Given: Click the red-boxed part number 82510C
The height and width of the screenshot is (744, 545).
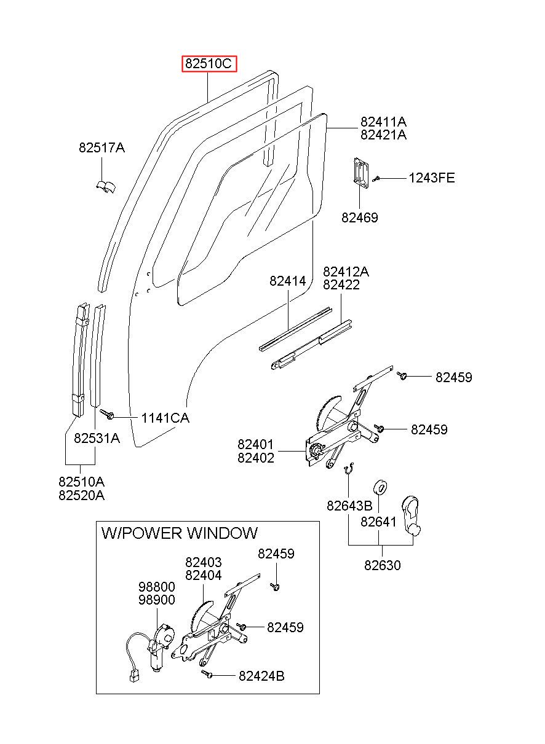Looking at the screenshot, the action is (x=208, y=63).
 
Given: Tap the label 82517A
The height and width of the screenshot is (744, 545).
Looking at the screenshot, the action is (x=101, y=147).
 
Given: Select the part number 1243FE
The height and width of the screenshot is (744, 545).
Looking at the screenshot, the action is (x=431, y=178).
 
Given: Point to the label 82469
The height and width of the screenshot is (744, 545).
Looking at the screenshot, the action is (x=359, y=217).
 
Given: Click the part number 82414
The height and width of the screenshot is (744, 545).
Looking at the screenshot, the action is (x=287, y=281).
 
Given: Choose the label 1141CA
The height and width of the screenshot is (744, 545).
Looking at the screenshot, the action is (x=165, y=418).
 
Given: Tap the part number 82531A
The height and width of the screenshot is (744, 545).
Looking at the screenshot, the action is (x=97, y=439).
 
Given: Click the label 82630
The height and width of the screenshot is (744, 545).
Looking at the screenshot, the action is (x=383, y=565).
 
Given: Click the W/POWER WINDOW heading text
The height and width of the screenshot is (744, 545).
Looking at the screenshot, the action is (x=179, y=533).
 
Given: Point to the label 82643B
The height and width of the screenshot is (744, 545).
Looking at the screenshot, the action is (x=349, y=506).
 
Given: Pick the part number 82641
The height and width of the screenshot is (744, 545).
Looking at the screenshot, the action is (x=378, y=522).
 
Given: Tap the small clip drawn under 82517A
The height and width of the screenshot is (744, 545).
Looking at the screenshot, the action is (x=106, y=187).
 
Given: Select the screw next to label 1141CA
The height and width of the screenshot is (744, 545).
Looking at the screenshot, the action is (x=107, y=414).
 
